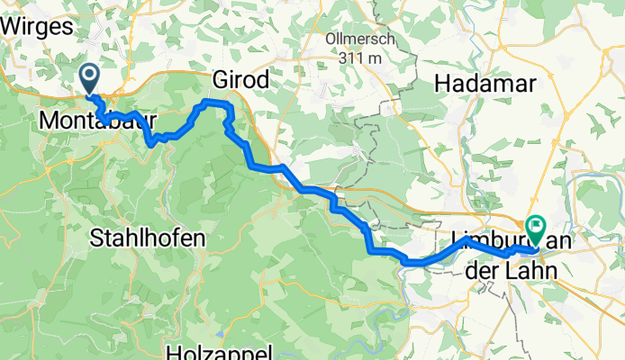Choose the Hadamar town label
[485, 84]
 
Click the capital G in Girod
[219, 80]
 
